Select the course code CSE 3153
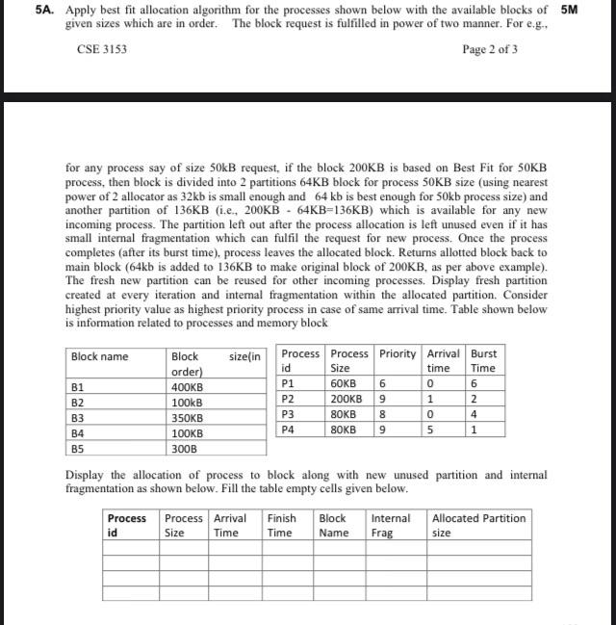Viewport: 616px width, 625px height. (101, 49)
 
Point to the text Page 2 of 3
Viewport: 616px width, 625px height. (490, 49)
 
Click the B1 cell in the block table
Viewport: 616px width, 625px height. (79, 387)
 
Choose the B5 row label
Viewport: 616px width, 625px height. (79, 449)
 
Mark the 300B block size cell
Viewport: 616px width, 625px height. (184, 449)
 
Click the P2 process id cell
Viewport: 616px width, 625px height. (287, 398)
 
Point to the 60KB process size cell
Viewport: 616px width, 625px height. (344, 382)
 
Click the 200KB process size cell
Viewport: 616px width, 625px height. (346, 398)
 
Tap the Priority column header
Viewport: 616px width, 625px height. (398, 353)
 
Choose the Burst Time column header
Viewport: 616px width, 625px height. (483, 360)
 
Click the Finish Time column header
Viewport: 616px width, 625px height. (281, 525)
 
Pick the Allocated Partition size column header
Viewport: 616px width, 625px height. (478, 525)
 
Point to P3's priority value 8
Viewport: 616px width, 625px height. (383, 413)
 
